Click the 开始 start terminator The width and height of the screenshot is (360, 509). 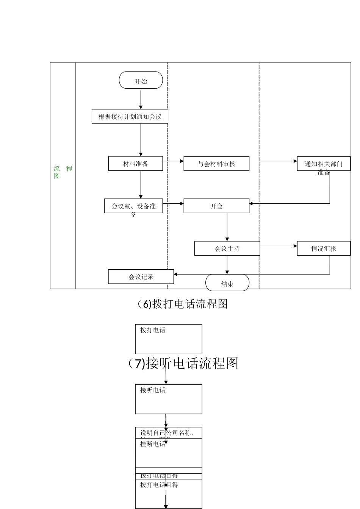tap(141, 81)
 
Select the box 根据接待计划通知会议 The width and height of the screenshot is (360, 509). tap(130, 117)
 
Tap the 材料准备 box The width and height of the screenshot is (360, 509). tap(136, 164)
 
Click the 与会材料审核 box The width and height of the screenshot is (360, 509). tap(216, 164)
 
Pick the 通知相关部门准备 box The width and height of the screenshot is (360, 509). tap(324, 164)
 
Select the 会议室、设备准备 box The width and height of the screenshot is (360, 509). tap(133, 206)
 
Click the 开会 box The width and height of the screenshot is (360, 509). tap(216, 206)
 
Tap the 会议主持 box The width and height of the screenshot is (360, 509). tap(227, 248)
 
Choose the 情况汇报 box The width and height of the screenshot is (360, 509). tap(324, 248)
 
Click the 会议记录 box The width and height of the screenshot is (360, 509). tap(141, 277)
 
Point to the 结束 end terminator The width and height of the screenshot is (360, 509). tap(227, 283)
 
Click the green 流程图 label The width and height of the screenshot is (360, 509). tap(63, 172)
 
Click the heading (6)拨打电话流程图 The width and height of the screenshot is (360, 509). tap(182, 304)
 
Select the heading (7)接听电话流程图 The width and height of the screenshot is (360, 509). tap(183, 363)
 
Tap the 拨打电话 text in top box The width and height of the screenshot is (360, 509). tap(153, 330)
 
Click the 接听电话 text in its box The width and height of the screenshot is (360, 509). tap(153, 390)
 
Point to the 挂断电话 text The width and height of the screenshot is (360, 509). tap(153, 444)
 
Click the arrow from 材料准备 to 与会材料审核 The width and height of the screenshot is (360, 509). tap(173, 161)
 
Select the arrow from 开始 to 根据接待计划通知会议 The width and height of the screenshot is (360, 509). tap(141, 99)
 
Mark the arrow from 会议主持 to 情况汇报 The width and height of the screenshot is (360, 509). tap(279, 246)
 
